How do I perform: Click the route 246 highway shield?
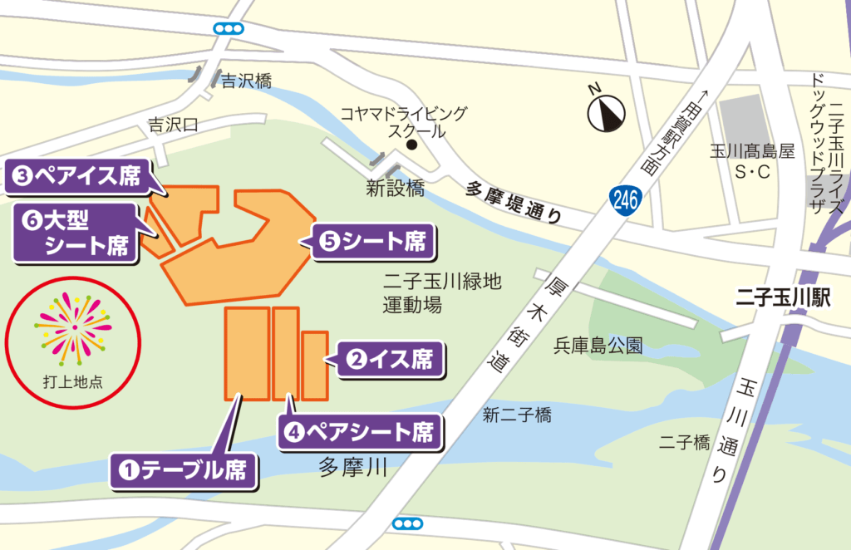[x=624, y=200]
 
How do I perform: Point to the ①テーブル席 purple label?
[x=184, y=470]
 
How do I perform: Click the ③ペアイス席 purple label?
[x=76, y=175]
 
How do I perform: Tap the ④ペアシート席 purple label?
[x=361, y=432]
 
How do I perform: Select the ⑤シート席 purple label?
[x=373, y=242]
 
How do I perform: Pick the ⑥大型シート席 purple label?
[x=76, y=232]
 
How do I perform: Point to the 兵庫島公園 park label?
[x=598, y=346]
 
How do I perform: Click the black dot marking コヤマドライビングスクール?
[x=411, y=145]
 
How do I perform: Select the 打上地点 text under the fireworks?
[x=73, y=383]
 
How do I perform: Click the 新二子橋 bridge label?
[x=517, y=415]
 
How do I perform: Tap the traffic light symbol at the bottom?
[x=407, y=523]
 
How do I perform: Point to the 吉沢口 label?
[x=173, y=125]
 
